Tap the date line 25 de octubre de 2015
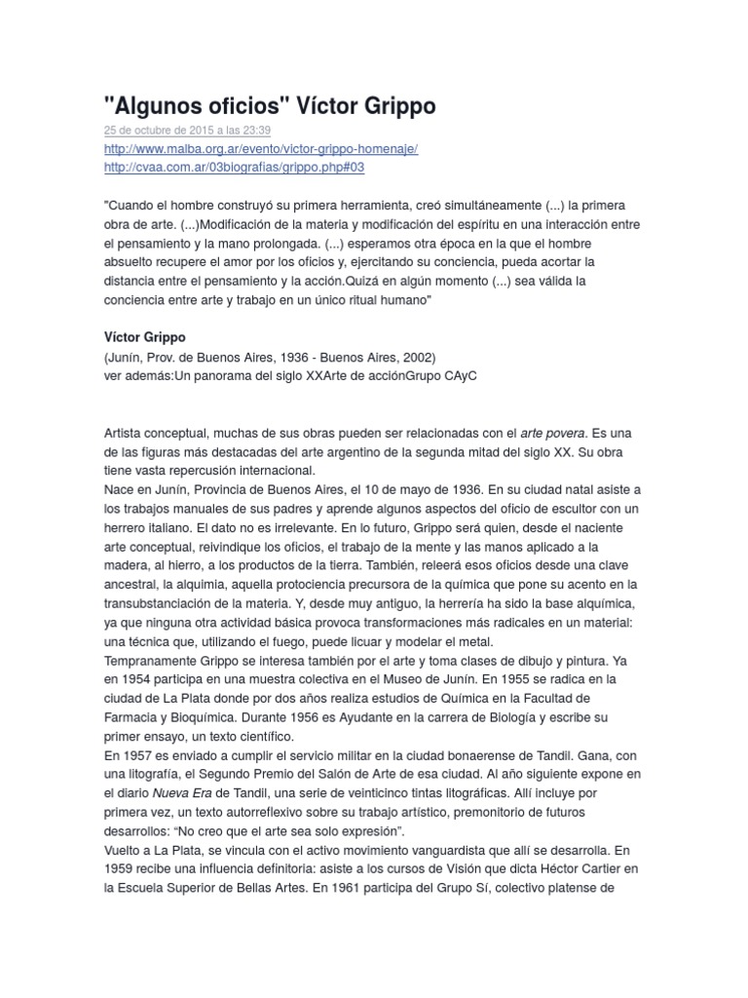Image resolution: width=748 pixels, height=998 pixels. pyautogui.click(x=187, y=131)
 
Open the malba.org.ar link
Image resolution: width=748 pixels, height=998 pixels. pyautogui.click(x=261, y=149)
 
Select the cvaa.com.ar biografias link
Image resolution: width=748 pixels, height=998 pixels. pyautogui.click(x=234, y=168)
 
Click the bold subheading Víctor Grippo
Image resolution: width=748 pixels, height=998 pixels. pyautogui.click(x=143, y=337)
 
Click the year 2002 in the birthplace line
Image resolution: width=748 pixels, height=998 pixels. pyautogui.click(x=414, y=357)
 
